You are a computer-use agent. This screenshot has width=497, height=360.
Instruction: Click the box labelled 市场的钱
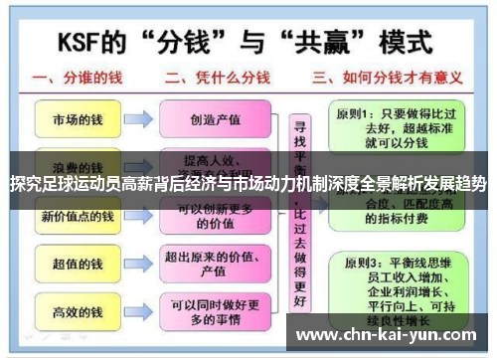[77, 120]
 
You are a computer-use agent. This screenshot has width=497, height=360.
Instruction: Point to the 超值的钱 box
[77, 266]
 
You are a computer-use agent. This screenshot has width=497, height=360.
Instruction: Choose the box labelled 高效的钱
[77, 313]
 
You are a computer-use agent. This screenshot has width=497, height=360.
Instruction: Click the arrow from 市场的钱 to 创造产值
[138, 120]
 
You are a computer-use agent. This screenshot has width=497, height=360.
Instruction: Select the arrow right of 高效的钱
[138, 313]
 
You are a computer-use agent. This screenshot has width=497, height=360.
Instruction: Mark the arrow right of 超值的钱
[138, 266]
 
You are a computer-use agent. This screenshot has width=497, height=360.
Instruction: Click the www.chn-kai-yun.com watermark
[389, 334]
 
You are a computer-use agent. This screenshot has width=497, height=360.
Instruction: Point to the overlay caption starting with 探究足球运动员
[248, 184]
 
